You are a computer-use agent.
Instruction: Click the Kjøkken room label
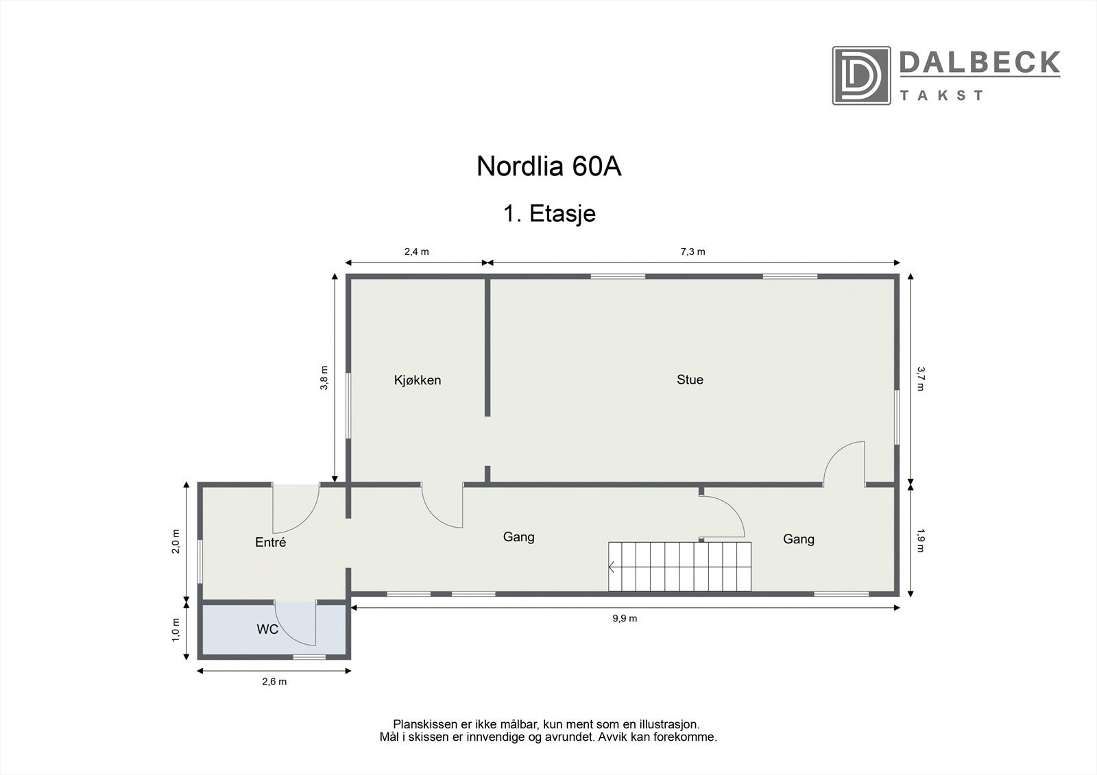(417, 380)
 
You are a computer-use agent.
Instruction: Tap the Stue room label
(690, 380)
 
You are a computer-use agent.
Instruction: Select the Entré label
(269, 543)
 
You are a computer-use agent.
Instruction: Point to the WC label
(267, 629)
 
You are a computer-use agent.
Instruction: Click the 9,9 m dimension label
(625, 618)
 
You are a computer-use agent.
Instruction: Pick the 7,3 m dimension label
(692, 251)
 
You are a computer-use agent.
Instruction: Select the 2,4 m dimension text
(416, 251)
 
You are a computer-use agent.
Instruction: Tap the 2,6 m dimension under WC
(274, 682)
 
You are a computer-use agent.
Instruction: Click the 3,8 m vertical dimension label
(324, 378)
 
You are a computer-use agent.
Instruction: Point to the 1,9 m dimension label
(920, 539)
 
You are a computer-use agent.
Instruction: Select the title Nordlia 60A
(548, 167)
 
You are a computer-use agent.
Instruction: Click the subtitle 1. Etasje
(549, 214)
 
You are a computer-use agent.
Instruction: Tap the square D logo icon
(860, 75)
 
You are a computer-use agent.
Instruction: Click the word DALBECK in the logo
(979, 63)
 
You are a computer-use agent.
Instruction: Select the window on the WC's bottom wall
(309, 657)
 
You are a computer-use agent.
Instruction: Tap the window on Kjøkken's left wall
(348, 404)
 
